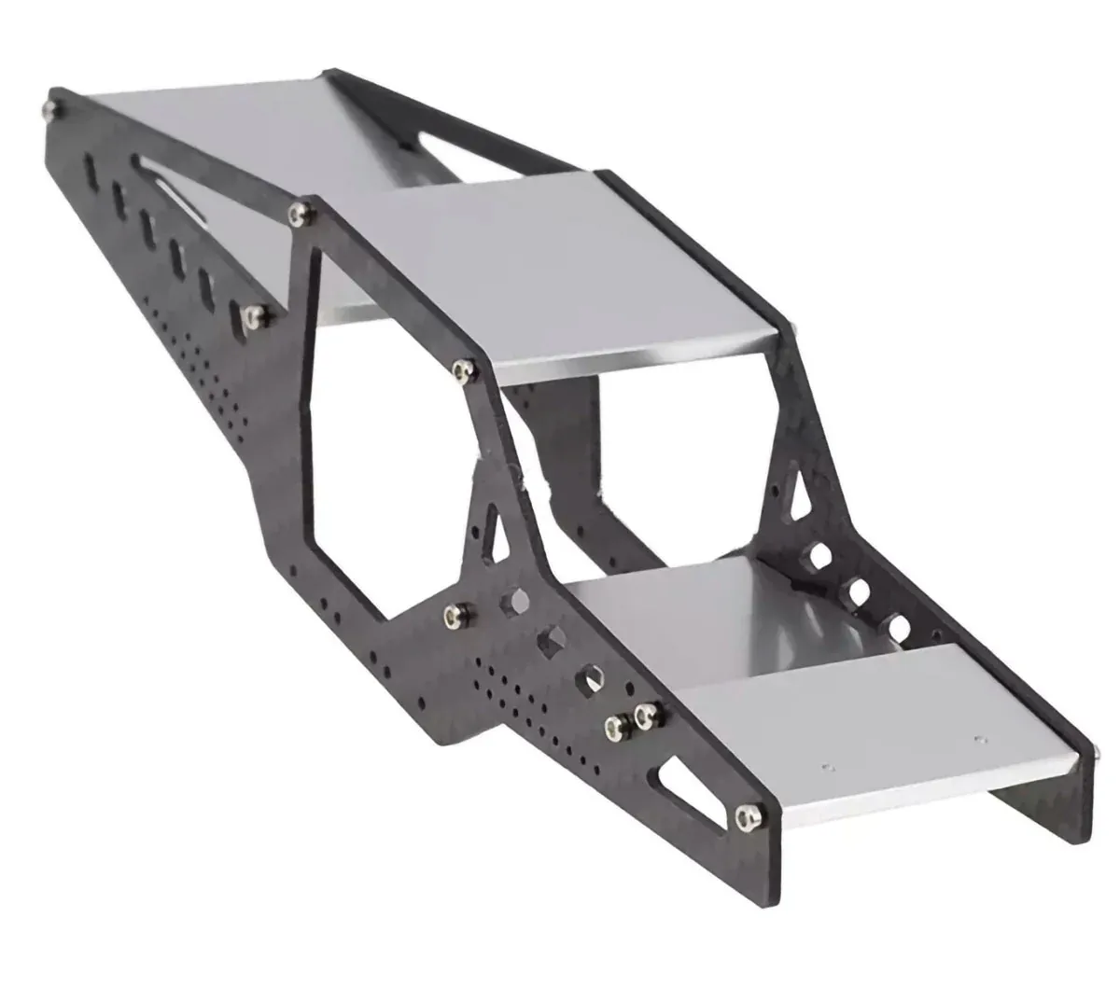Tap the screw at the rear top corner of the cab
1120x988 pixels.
(298, 215)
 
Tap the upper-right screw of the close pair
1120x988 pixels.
(642, 715)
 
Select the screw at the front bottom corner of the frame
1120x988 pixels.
(745, 819)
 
